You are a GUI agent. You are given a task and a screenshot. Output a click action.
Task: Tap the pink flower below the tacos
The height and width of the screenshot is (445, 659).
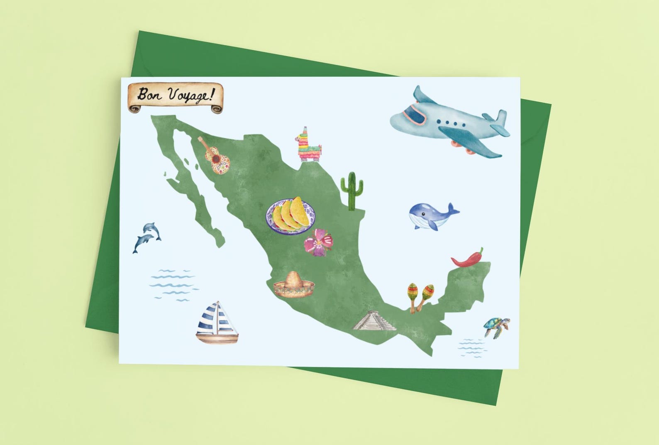(x=318, y=242)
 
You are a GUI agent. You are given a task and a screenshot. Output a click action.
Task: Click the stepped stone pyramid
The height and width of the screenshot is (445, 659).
(x=374, y=321)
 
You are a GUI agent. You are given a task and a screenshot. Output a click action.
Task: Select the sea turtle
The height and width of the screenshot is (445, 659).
(x=496, y=326)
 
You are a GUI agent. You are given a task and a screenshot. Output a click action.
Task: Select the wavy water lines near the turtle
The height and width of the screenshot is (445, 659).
(x=472, y=348)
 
